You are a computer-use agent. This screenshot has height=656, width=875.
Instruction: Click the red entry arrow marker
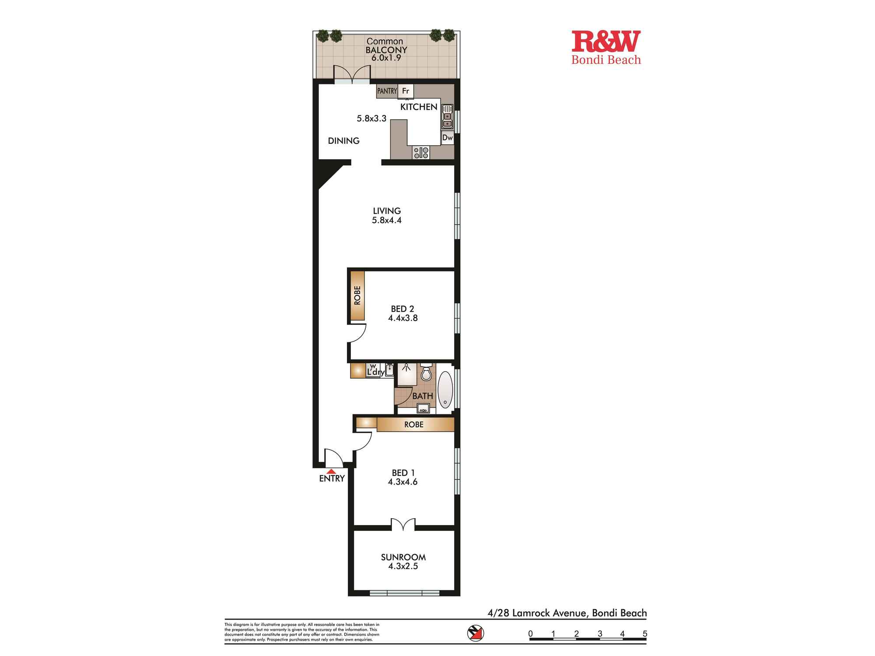(331, 471)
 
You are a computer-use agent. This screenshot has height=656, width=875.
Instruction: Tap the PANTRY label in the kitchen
(387, 91)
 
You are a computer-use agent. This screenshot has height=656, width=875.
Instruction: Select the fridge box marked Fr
(406, 91)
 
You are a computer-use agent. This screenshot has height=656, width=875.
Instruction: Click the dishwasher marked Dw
(447, 138)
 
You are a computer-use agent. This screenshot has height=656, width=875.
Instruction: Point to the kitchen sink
(447, 117)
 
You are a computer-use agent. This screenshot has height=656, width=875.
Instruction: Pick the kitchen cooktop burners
(421, 153)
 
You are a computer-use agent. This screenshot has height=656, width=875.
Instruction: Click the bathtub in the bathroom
(445, 390)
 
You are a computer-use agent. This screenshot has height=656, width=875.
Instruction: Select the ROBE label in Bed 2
(357, 296)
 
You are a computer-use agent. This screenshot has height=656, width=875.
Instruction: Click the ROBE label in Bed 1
(414, 425)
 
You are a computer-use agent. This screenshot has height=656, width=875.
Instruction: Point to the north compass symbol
(476, 633)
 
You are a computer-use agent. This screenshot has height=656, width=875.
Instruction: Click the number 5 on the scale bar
(644, 634)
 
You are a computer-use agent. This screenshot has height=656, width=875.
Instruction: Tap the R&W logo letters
(606, 42)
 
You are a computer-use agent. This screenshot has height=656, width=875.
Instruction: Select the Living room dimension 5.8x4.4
(387, 220)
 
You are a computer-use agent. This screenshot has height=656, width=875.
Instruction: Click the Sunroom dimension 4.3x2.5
(403, 566)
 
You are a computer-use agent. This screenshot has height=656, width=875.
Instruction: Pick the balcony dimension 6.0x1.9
(386, 58)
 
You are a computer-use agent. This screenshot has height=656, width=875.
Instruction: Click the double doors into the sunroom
(403, 525)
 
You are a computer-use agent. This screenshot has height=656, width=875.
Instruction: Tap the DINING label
(344, 141)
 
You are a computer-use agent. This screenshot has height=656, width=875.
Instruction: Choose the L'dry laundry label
(375, 373)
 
